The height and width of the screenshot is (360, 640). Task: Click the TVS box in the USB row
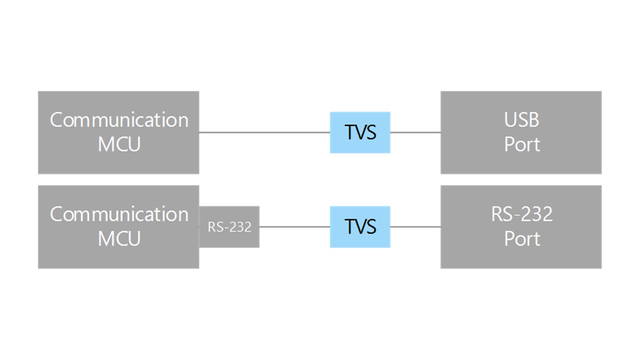click(360, 132)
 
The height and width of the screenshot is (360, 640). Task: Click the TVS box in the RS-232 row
click(360, 227)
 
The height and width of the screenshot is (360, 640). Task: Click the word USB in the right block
click(521, 120)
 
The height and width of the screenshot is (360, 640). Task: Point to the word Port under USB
click(522, 145)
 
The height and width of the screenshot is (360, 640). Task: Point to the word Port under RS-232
click(522, 239)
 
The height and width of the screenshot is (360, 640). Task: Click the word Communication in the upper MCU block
click(119, 120)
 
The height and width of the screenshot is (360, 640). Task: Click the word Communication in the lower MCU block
click(119, 214)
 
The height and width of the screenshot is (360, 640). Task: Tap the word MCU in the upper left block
click(119, 145)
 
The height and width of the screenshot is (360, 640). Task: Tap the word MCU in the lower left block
click(119, 239)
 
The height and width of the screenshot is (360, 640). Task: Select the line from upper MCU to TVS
click(265, 132)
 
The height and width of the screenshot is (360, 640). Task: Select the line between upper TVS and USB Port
click(415, 132)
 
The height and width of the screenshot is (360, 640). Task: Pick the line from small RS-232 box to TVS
click(295, 227)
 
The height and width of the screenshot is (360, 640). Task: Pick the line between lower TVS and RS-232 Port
click(415, 227)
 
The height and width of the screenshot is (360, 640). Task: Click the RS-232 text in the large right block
click(521, 214)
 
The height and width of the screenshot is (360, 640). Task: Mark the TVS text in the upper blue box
click(360, 132)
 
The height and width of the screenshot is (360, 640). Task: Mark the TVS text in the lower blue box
click(360, 227)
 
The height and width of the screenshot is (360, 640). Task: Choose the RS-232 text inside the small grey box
click(229, 227)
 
